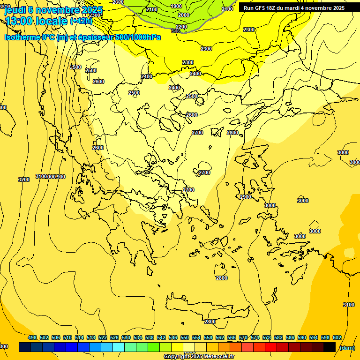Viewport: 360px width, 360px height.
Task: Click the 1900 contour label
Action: [x=176, y=6]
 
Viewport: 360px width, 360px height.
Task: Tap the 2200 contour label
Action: [x=181, y=27]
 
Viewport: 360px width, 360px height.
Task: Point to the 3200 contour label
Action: [x=24, y=180]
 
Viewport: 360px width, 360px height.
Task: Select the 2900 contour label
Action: [x=246, y=197]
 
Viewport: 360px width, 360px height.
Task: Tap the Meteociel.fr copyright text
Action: [x=216, y=357]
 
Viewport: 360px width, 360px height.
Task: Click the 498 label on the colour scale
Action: [x=32, y=338]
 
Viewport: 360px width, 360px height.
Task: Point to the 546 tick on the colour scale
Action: [x=173, y=338]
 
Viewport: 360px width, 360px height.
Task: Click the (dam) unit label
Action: [x=346, y=347]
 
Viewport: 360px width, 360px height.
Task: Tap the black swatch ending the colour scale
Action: [x=330, y=347]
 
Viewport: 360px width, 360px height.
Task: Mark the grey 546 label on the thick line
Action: [x=176, y=31]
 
